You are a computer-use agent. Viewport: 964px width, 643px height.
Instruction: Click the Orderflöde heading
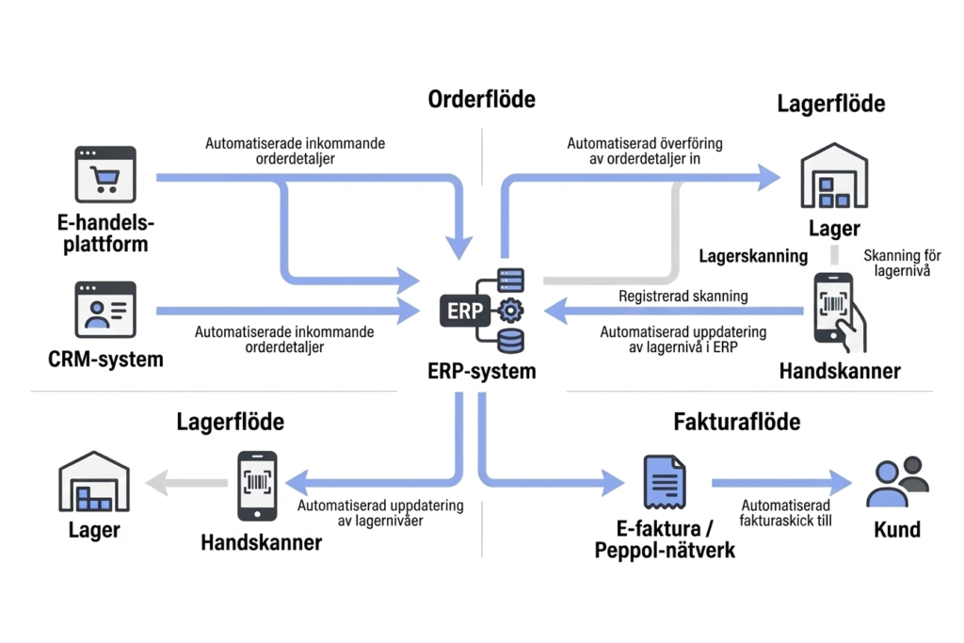[x=481, y=99]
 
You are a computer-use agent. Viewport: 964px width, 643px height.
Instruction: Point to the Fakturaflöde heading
[x=737, y=421]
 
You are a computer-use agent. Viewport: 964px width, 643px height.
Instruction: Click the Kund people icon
[x=896, y=482]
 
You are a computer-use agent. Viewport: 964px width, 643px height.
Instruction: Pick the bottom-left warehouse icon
[x=94, y=483]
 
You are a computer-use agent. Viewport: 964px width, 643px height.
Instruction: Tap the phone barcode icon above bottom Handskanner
[x=256, y=485]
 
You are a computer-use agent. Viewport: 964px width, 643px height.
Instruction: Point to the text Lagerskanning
[x=753, y=256]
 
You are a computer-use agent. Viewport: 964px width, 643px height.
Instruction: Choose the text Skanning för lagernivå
[x=902, y=263]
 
